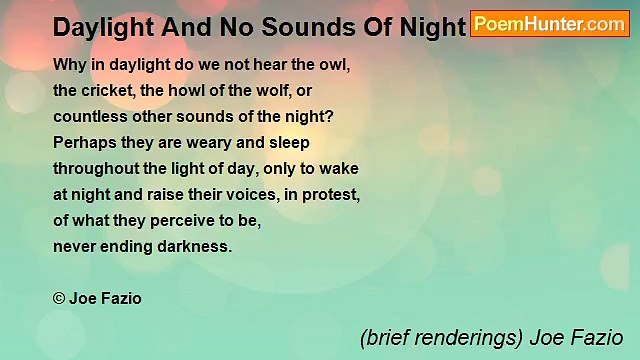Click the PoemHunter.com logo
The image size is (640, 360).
click(x=550, y=24)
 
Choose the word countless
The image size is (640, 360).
click(x=89, y=115)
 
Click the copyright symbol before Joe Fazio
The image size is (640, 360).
click(x=60, y=297)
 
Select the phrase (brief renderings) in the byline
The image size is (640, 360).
click(x=436, y=337)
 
